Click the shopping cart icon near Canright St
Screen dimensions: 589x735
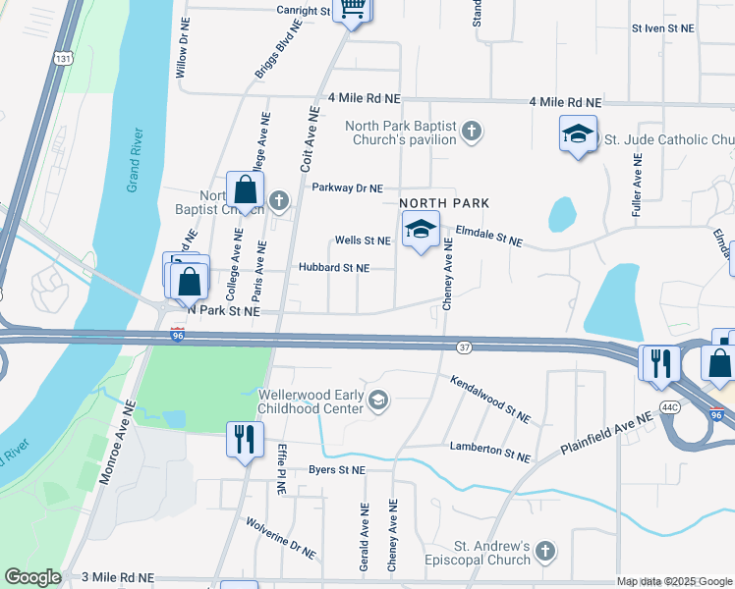tap(353, 10)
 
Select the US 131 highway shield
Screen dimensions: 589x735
tap(64, 59)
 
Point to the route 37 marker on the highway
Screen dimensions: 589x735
tap(466, 347)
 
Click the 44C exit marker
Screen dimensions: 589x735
tap(671, 405)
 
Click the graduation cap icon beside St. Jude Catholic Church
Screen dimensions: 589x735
tap(579, 134)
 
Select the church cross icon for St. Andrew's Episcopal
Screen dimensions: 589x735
tap(546, 554)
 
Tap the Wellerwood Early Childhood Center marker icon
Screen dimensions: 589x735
tap(378, 400)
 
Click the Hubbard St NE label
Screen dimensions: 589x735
tap(333, 267)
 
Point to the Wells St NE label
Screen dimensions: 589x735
tap(363, 241)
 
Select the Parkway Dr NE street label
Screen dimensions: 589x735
tap(347, 187)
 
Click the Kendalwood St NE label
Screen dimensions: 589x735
tap(490, 399)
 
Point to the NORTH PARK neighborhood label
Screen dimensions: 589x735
tap(445, 203)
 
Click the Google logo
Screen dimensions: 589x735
tap(32, 577)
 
